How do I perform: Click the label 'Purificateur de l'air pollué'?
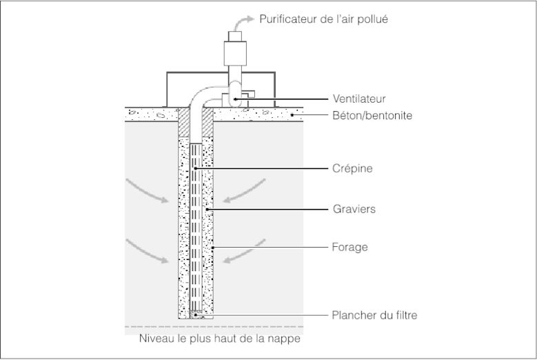tap(323, 19)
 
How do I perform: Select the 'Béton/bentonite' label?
tap(372, 116)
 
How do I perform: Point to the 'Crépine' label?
tap(352, 168)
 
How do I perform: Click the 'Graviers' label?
tap(354, 209)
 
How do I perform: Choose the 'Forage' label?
tap(350, 247)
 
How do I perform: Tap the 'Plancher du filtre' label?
tap(374, 315)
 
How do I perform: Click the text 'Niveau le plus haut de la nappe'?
tap(220, 339)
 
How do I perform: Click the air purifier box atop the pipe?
tap(234, 51)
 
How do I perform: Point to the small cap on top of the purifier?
tap(234, 34)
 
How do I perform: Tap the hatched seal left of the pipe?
tap(183, 123)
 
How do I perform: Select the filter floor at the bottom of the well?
tap(196, 314)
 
